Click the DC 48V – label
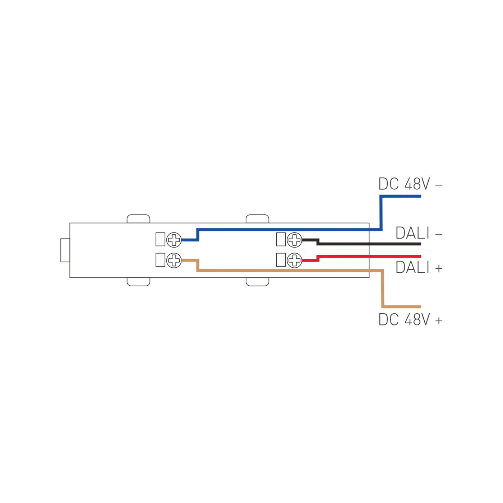point(410,184)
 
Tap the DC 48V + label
point(410,320)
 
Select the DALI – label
point(419,233)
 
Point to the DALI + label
point(419,268)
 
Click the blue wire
point(287,229)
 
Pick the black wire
point(370,244)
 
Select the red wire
point(370,257)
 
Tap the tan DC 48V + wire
point(287,270)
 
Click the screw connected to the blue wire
point(174,240)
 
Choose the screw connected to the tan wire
point(174,260)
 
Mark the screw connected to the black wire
point(295,240)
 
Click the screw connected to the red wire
point(295,260)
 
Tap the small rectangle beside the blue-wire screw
point(160,239)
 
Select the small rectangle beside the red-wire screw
point(281,260)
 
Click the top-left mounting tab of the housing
point(138,219)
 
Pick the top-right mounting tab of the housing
point(257,219)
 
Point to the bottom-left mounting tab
point(138,282)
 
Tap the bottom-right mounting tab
point(257,282)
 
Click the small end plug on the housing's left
point(65,250)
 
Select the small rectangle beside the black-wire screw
point(281,239)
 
